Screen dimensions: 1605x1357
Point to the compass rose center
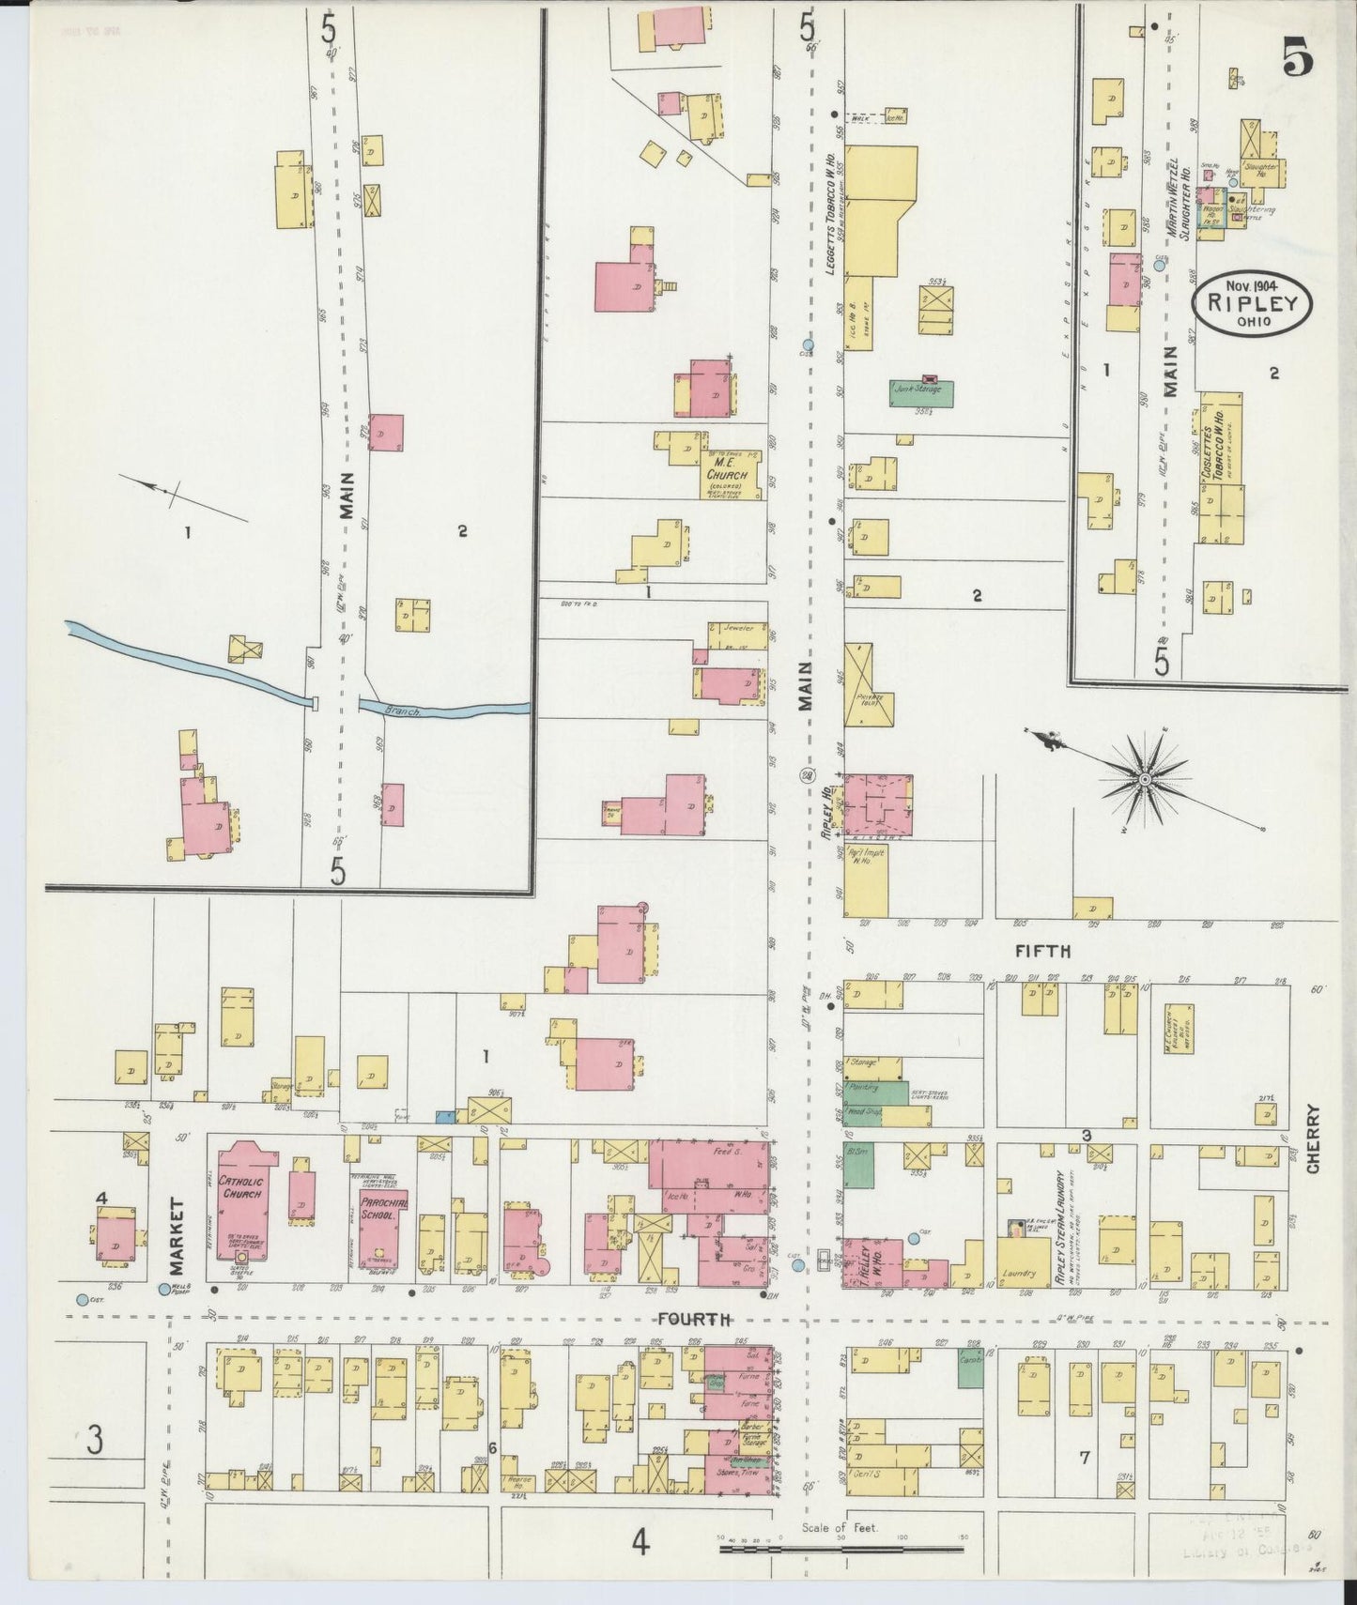pos(1146,780)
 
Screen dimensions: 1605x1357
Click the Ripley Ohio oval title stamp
pos(1253,302)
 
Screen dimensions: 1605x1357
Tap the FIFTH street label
pos(1042,952)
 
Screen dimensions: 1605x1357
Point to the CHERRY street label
pos(1313,1138)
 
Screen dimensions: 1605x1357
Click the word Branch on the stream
pos(402,712)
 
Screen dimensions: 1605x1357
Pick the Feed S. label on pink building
pos(721,1150)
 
